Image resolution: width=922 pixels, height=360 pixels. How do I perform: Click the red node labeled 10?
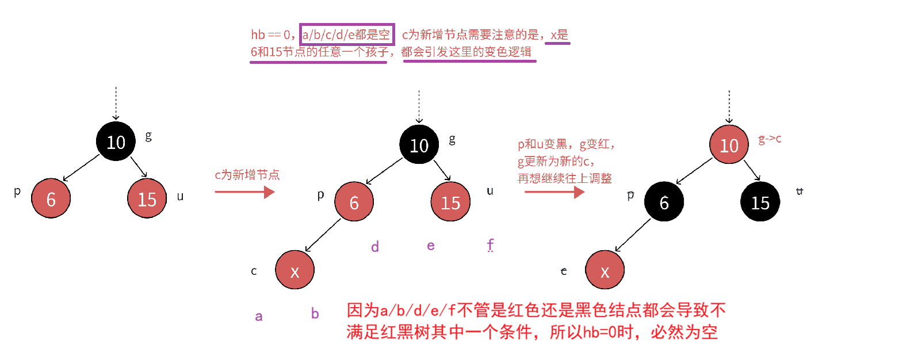[729, 145]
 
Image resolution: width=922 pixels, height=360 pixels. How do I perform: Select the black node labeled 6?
[664, 202]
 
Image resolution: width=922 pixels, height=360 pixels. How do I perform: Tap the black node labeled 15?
[760, 202]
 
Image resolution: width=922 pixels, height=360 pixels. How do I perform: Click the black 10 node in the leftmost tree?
[116, 141]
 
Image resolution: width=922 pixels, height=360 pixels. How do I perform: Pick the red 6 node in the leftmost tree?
[51, 199]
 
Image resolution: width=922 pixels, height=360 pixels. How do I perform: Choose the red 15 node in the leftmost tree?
[147, 199]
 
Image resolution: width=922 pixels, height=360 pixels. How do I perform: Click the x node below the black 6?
[605, 270]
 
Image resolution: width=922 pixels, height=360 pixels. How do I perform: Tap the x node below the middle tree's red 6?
[294, 270]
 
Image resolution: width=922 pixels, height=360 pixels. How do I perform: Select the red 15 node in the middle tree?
[450, 202]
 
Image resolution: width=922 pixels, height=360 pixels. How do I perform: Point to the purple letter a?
[259, 316]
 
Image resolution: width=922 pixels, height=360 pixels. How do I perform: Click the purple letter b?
[315, 313]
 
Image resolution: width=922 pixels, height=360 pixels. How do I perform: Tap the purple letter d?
[374, 247]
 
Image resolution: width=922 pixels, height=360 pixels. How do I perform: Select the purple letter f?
[490, 245]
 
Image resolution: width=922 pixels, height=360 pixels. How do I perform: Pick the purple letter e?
[430, 246]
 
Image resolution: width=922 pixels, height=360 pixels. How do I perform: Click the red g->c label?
[770, 139]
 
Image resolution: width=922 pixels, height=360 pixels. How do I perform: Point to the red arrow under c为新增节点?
[244, 192]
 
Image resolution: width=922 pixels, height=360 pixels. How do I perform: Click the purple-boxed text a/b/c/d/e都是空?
[346, 35]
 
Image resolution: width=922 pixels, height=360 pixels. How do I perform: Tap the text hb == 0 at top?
[270, 35]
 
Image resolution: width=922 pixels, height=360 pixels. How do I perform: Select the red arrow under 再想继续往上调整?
[554, 192]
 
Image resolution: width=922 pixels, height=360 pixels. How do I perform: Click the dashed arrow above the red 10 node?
[729, 106]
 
